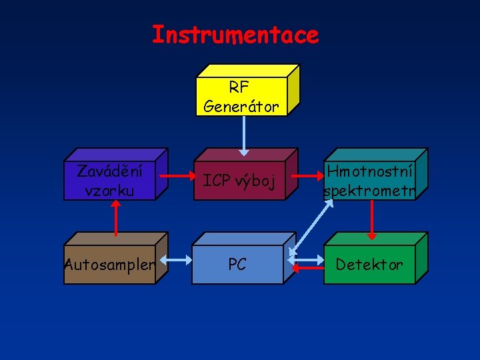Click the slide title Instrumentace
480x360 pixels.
point(235,35)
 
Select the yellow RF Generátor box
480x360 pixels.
point(241,96)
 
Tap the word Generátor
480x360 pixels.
point(241,106)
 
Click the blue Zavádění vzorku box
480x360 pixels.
point(109,180)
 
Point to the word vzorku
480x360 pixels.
point(109,191)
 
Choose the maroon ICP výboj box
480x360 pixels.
point(239,181)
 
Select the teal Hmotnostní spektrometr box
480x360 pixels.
point(369,181)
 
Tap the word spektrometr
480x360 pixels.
point(369,192)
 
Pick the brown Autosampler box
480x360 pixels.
point(109,265)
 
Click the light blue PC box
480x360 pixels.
point(237,265)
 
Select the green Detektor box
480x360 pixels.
point(369,265)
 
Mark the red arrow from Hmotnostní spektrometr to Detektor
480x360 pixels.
point(372,220)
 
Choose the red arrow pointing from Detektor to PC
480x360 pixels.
point(308,269)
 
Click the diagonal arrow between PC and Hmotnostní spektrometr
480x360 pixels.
point(310,227)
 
